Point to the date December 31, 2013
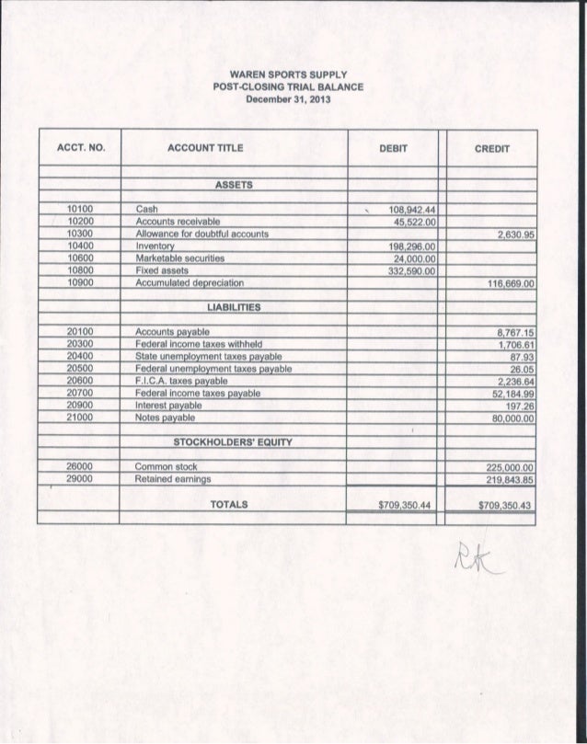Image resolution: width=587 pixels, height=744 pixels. coord(289,97)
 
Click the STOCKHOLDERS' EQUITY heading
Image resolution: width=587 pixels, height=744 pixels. coord(235,442)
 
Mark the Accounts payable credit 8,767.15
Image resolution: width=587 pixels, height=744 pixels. coord(514,331)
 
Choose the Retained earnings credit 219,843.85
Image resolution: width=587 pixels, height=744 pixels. coord(507,478)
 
